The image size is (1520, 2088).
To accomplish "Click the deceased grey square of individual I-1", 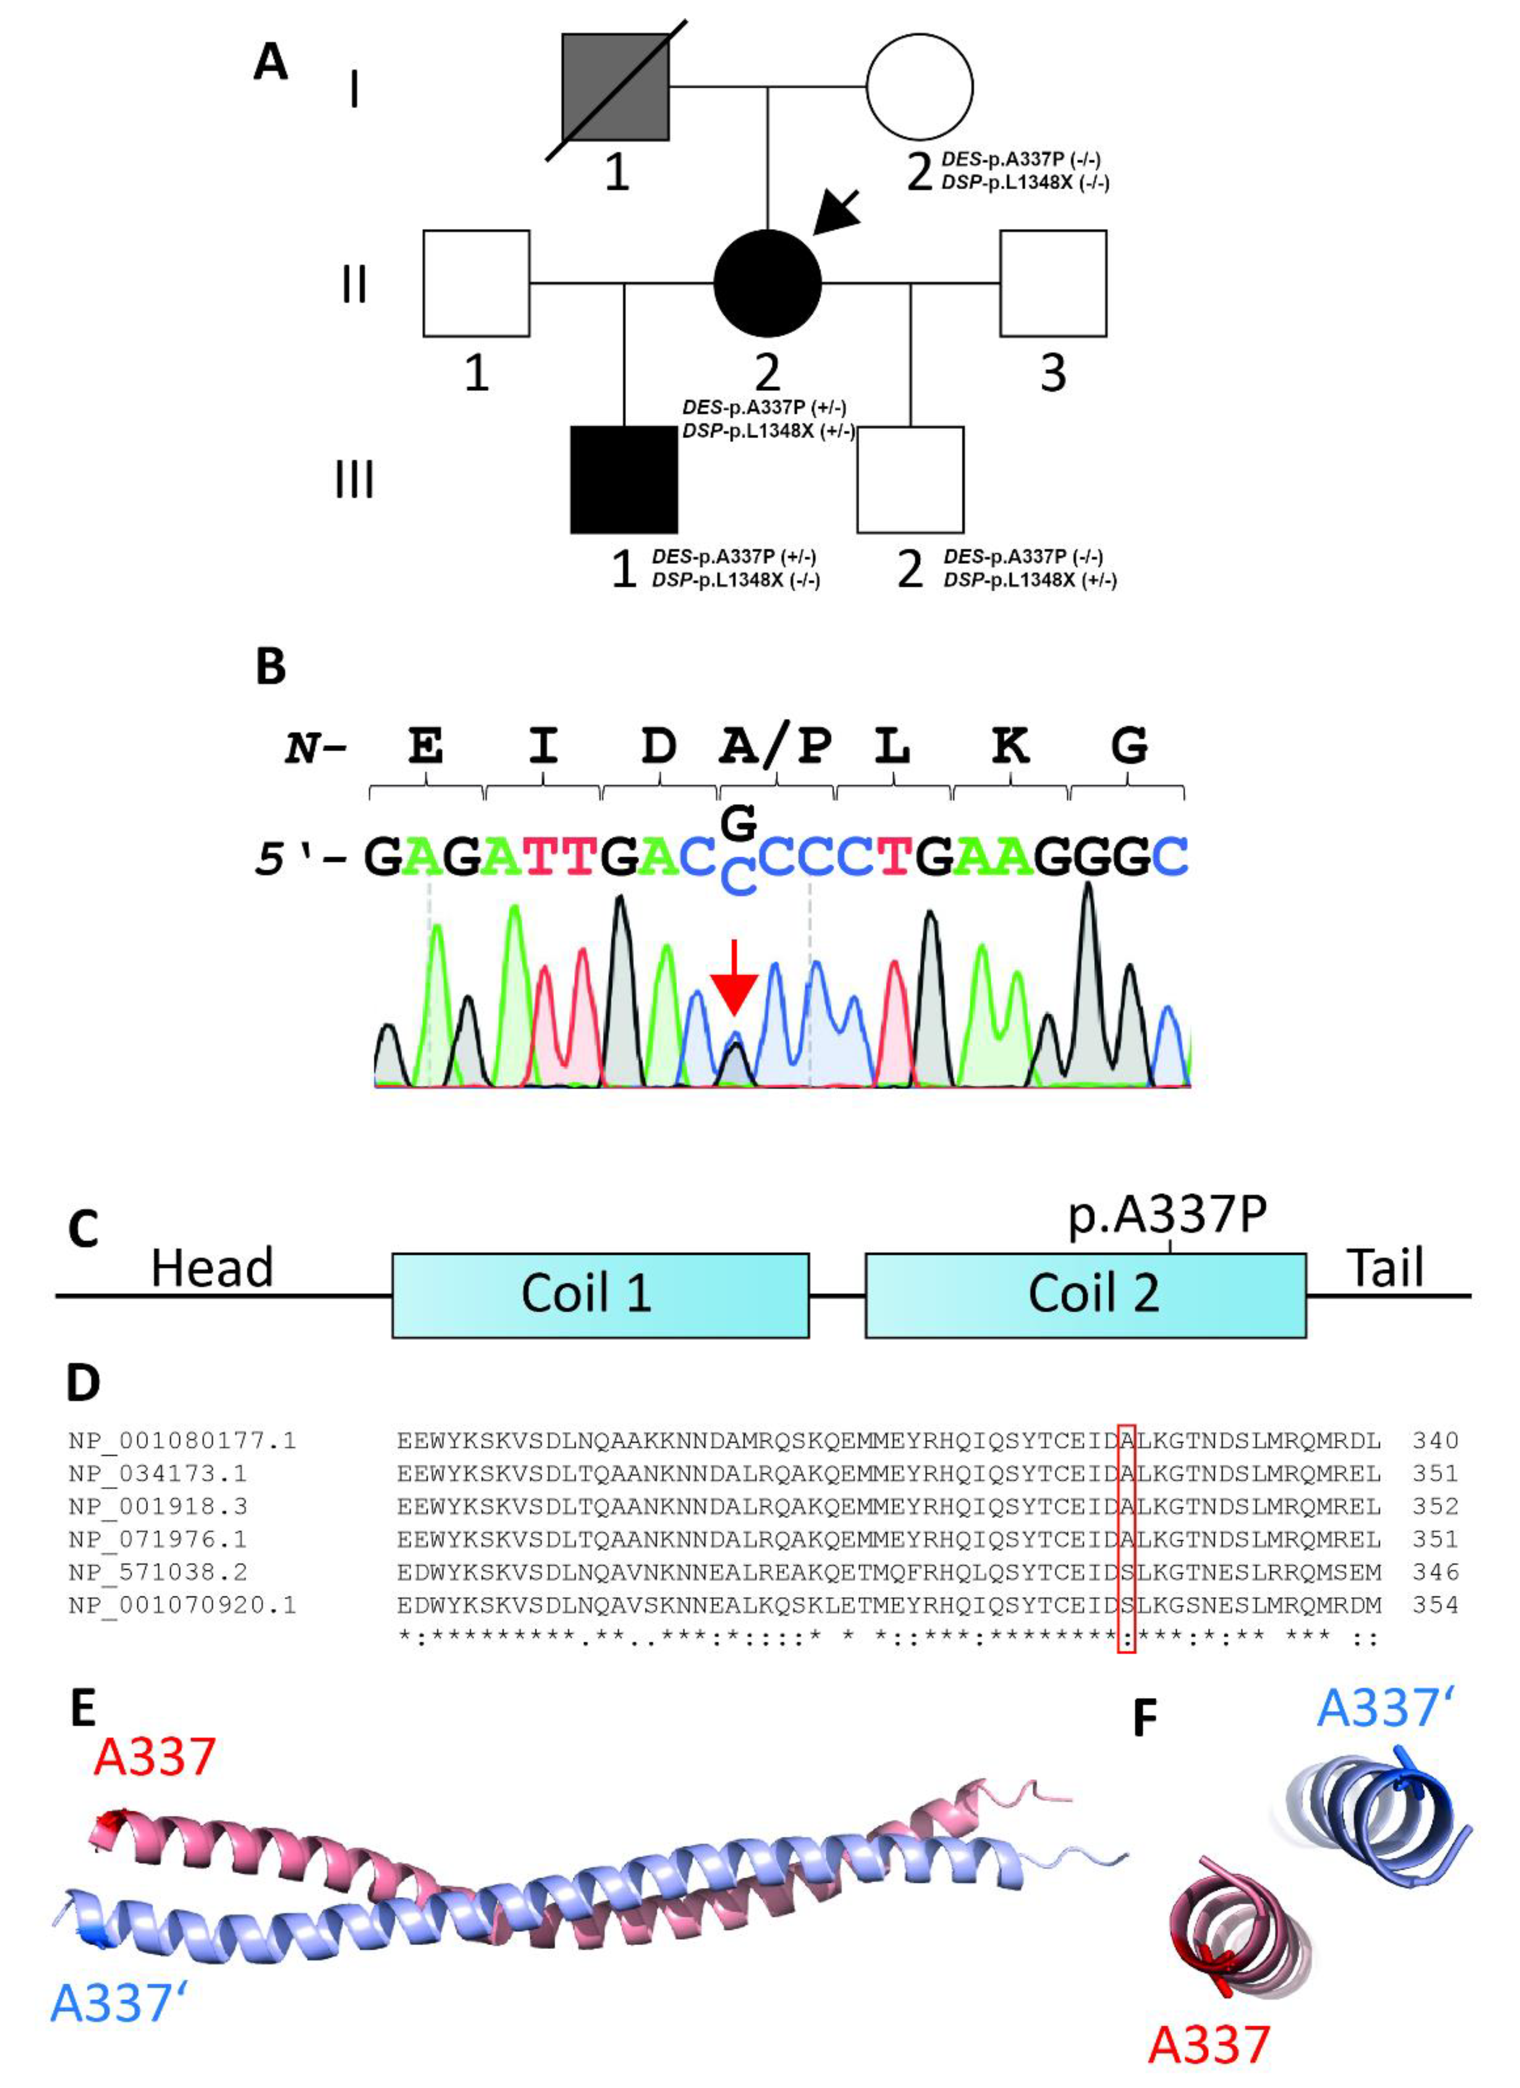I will pyautogui.click(x=615, y=88).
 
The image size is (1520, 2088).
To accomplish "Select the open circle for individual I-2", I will pyautogui.click(x=919, y=88).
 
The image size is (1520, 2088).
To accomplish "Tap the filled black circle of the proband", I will pyautogui.click(x=767, y=283).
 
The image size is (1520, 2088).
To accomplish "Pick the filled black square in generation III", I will pyautogui.click(x=624, y=479).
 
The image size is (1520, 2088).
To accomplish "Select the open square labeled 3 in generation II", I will pyautogui.click(x=1053, y=283).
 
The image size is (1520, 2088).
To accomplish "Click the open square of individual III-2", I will pyautogui.click(x=910, y=479).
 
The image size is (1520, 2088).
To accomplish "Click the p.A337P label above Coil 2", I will pyautogui.click(x=1168, y=1215).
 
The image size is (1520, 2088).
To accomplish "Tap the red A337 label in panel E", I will pyautogui.click(x=155, y=1757).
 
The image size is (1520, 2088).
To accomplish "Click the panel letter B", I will pyautogui.click(x=270, y=667).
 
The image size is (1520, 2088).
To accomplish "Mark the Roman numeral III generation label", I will pyautogui.click(x=354, y=479).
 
